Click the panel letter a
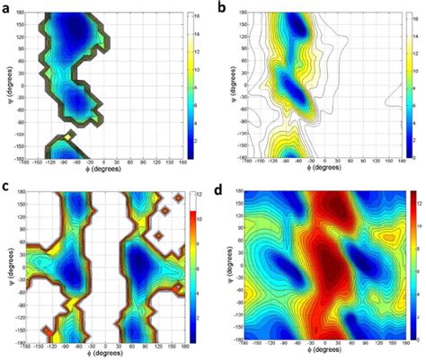[x=7, y=8]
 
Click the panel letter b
[x=221, y=8]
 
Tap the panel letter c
[x=7, y=186]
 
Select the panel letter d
[x=221, y=189]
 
